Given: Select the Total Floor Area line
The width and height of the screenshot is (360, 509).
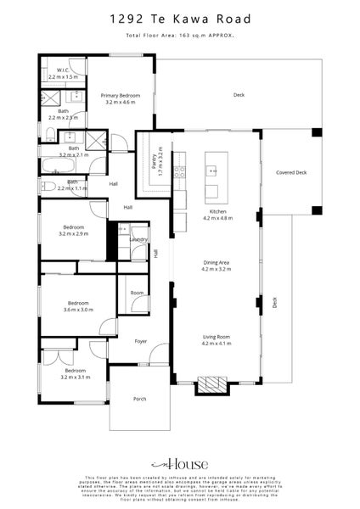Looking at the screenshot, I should pyautogui.click(x=179, y=36).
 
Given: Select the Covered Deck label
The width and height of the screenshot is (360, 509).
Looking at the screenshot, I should pyautogui.click(x=291, y=172).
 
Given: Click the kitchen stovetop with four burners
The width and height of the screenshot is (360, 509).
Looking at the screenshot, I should pyautogui.click(x=179, y=171).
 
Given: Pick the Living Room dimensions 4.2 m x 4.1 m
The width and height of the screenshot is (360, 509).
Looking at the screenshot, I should pyautogui.click(x=217, y=344).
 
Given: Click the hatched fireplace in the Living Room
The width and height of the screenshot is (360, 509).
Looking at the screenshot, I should pyautogui.click(x=211, y=385).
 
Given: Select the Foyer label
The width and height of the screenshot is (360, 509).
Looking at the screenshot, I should pyautogui.click(x=141, y=341).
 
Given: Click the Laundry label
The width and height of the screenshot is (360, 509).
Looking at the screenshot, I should pyautogui.click(x=140, y=240).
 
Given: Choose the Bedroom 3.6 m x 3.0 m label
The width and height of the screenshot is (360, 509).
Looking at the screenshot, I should pyautogui.click(x=78, y=305).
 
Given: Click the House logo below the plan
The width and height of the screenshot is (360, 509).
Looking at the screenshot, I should pyautogui.click(x=179, y=465).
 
